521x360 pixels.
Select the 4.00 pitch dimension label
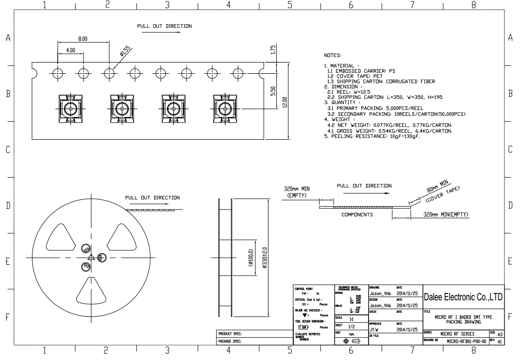pyautogui.click(x=70, y=50)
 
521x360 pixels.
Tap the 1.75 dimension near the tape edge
pyautogui.click(x=273, y=50)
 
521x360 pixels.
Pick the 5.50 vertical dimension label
pyautogui.click(x=273, y=92)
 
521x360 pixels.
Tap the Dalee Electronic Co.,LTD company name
pyautogui.click(x=463, y=296)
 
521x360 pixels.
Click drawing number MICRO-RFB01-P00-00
pyautogui.click(x=465, y=342)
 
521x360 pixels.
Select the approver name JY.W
pyautogui.click(x=374, y=328)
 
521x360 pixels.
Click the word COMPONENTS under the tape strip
pyautogui.click(x=357, y=214)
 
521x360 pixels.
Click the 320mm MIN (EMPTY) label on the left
pyautogui.click(x=297, y=192)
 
